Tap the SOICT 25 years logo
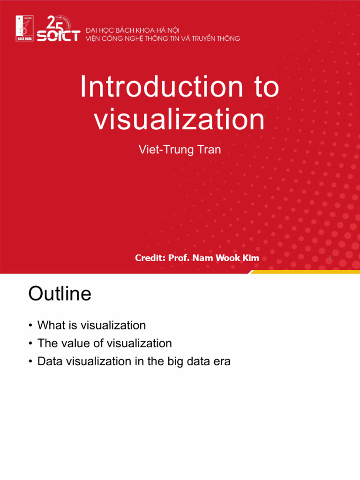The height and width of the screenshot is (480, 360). (x=58, y=29)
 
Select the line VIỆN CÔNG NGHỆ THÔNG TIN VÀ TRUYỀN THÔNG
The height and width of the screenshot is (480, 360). (x=163, y=38)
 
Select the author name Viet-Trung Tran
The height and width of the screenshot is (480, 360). (x=180, y=150)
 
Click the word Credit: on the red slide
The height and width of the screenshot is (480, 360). (x=150, y=258)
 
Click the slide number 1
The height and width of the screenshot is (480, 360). (x=330, y=258)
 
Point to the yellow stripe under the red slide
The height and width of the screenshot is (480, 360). (x=305, y=272)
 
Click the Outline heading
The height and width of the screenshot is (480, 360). (x=60, y=294)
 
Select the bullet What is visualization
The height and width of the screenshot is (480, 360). (x=91, y=325)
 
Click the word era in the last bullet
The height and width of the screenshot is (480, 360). (x=222, y=362)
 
